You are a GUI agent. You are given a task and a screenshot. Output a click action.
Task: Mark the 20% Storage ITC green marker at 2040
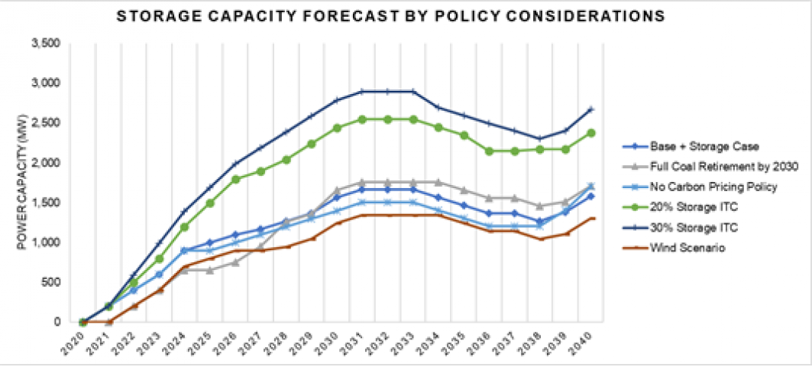[590, 132]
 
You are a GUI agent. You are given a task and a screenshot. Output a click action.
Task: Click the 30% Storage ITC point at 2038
[539, 138]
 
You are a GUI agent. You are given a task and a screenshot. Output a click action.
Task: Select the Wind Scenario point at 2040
[590, 219]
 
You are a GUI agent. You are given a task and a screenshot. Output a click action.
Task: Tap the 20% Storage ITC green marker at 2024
[184, 226]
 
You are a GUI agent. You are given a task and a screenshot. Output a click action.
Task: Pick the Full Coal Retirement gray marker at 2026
[235, 262]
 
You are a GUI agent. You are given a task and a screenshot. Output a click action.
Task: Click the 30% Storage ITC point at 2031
[362, 91]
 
